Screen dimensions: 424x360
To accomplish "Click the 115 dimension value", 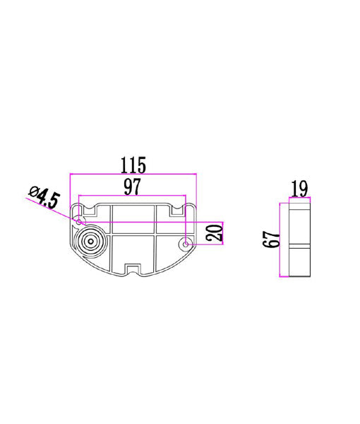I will (133, 165).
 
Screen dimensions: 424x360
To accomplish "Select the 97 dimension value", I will (133, 187).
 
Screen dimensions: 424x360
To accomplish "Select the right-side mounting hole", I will (186, 245).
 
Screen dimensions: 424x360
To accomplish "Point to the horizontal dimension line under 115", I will (133, 174).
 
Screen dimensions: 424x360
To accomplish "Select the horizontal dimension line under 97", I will (133, 196).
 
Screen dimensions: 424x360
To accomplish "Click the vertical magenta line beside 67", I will (282, 240).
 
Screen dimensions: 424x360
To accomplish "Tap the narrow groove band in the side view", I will (299, 247).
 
